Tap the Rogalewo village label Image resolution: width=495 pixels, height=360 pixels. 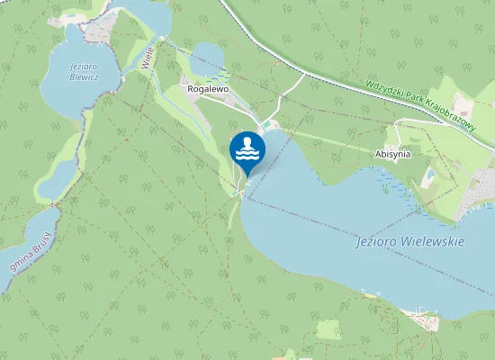tap(207, 89)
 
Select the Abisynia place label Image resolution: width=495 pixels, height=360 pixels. tap(391, 154)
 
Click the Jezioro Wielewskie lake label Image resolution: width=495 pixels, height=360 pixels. tap(409, 242)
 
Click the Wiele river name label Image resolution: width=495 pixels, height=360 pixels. tap(148, 58)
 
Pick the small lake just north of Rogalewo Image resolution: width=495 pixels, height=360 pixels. tap(209, 58)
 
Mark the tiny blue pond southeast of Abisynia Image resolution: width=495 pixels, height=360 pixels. tap(430, 174)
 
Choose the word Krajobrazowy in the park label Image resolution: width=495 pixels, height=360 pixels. tap(459, 124)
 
